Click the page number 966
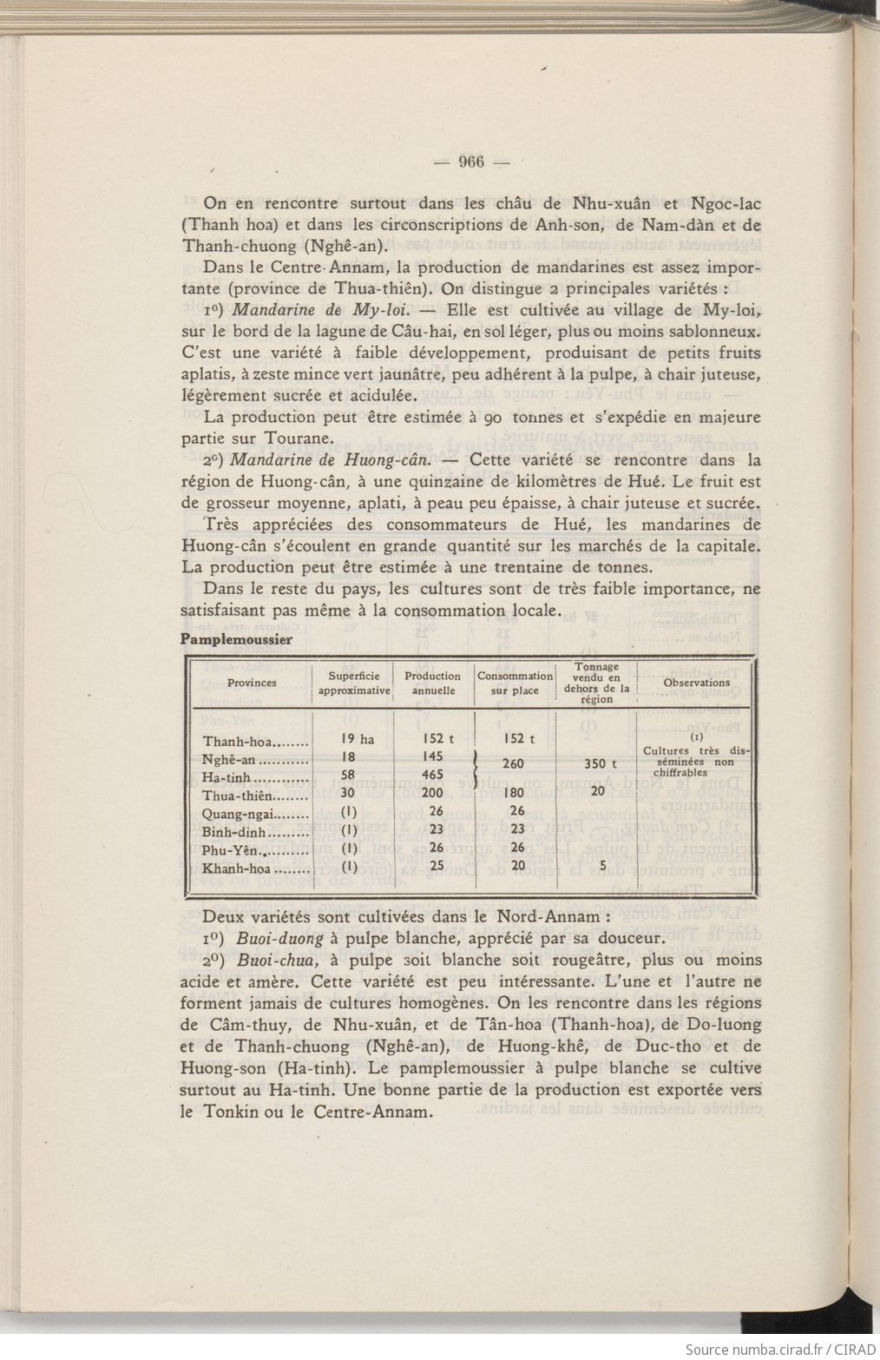(470, 162)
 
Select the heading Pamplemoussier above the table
(235, 639)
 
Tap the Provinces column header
(252, 683)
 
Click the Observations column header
(696, 683)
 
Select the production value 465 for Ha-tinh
(431, 774)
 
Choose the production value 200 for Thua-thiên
(431, 792)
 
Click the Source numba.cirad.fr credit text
(779, 1349)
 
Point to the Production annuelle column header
(432, 683)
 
